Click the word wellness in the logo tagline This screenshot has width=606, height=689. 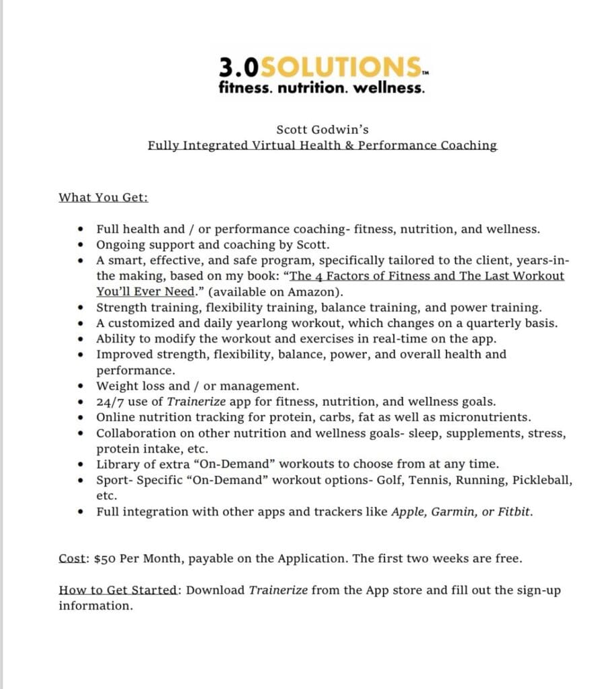395,88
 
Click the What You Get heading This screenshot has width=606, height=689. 104,198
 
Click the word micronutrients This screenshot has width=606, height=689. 486,417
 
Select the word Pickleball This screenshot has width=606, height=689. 542,480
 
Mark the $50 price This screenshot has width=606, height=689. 106,559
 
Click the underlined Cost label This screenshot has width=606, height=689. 73,559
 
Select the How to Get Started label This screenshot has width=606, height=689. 119,591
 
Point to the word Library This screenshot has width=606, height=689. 117,464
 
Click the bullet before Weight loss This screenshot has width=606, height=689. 81,386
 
